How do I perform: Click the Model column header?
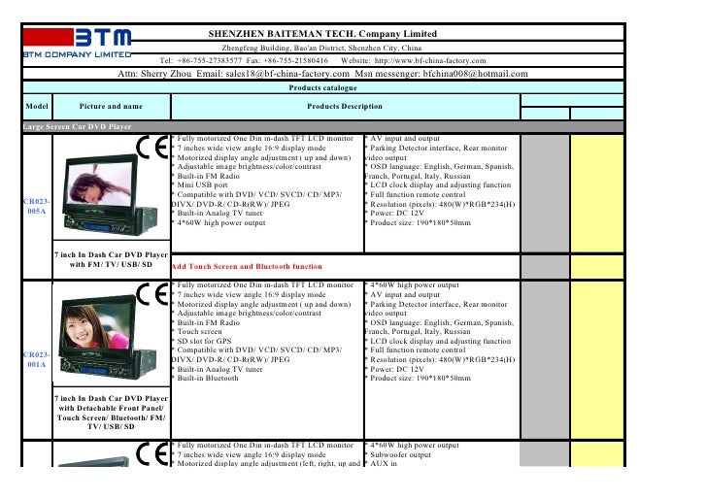click(x=38, y=105)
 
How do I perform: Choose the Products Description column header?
click(x=344, y=105)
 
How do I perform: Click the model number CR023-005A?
click(x=37, y=206)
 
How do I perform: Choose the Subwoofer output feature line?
click(x=399, y=453)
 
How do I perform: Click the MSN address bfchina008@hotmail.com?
click(x=462, y=73)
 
